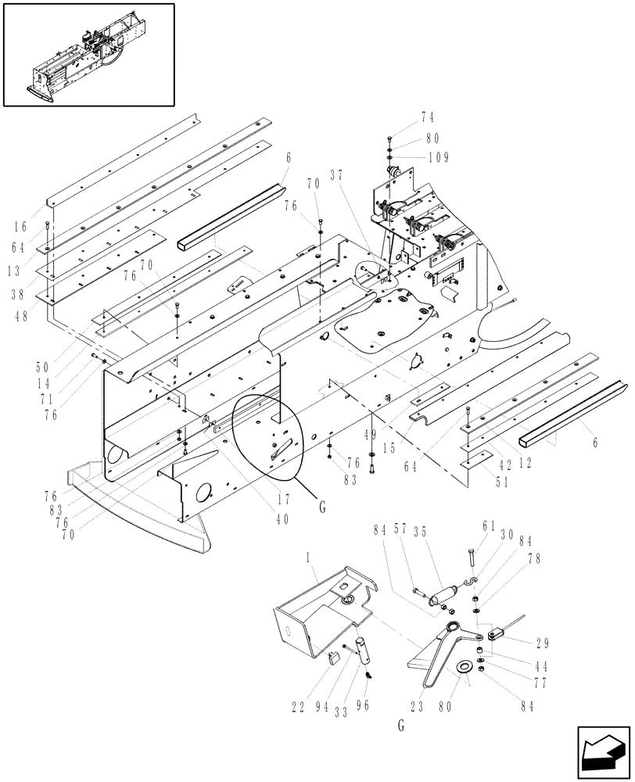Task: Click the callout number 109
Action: point(438,157)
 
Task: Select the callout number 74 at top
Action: point(427,118)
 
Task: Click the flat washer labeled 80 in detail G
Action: point(465,666)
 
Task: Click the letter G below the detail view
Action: point(400,726)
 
